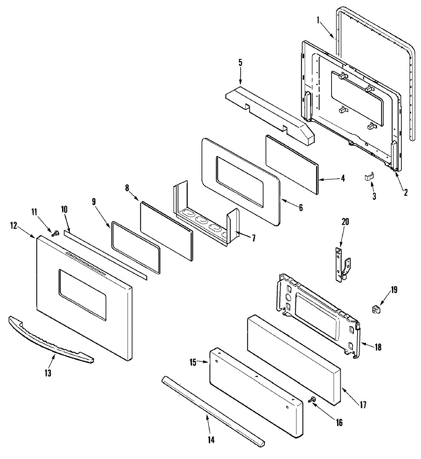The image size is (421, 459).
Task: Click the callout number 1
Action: coord(318,20)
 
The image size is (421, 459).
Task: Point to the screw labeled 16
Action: coord(311,400)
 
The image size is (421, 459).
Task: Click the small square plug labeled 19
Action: coord(376,309)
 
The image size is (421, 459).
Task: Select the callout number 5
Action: coord(240,63)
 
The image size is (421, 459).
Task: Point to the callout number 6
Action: coord(301,207)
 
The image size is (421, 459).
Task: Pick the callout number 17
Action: coord(362,405)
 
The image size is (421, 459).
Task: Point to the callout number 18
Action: coord(377,347)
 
